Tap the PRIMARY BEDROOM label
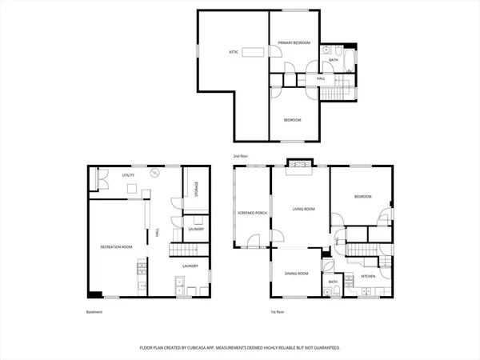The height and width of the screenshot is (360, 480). tap(294, 42)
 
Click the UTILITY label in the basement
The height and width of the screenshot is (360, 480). tap(127, 174)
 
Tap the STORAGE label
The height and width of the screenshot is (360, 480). tap(197, 190)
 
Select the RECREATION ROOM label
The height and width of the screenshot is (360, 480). tap(115, 247)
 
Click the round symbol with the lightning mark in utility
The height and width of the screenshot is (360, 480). tap(158, 172)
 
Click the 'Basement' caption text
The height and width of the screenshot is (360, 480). tap(94, 311)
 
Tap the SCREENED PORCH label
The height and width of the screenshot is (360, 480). tap(252, 213)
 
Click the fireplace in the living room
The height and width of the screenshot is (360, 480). tap(301, 167)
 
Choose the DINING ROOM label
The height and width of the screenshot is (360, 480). tap(297, 274)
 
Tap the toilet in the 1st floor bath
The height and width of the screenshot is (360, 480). tap(330, 291)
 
